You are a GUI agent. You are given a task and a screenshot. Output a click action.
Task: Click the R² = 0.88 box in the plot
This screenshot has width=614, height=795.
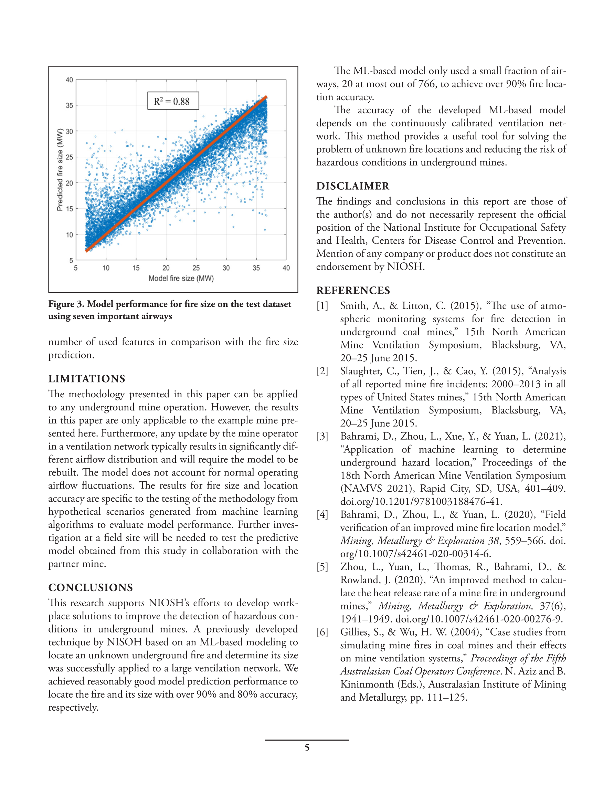pyautogui.click(x=173, y=101)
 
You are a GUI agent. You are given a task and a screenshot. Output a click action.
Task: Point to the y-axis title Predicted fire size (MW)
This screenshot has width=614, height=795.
pyautogui.click(x=60, y=170)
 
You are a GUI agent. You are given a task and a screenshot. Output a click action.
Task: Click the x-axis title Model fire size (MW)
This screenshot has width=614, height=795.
pyautogui.click(x=181, y=279)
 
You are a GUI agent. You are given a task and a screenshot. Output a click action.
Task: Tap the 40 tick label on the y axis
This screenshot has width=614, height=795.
pyautogui.click(x=69, y=80)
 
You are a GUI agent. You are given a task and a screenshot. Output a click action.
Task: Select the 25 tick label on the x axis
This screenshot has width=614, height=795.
pyautogui.click(x=196, y=268)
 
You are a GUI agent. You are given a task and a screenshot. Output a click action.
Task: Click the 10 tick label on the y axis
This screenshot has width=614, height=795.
pyautogui.click(x=69, y=235)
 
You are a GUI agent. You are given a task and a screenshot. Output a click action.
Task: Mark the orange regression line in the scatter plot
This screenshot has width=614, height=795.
pyautogui.click(x=177, y=174)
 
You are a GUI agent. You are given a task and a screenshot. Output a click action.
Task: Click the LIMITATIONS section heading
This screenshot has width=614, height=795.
pyautogui.click(x=87, y=379)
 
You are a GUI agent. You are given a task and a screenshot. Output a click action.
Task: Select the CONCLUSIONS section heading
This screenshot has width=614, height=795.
pyautogui.click(x=91, y=587)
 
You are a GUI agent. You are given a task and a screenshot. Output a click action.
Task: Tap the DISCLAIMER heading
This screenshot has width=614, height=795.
pyautogui.click(x=353, y=186)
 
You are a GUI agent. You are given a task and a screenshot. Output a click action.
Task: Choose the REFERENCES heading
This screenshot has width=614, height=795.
pyautogui.click(x=353, y=291)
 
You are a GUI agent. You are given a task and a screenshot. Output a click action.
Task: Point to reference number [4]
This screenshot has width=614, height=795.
pyautogui.click(x=322, y=515)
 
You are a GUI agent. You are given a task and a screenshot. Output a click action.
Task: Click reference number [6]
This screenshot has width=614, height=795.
pyautogui.click(x=322, y=632)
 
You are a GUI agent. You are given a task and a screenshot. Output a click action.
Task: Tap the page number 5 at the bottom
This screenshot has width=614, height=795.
pyautogui.click(x=307, y=748)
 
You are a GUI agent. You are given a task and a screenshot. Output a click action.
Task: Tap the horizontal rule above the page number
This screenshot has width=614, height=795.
pyautogui.click(x=307, y=740)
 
